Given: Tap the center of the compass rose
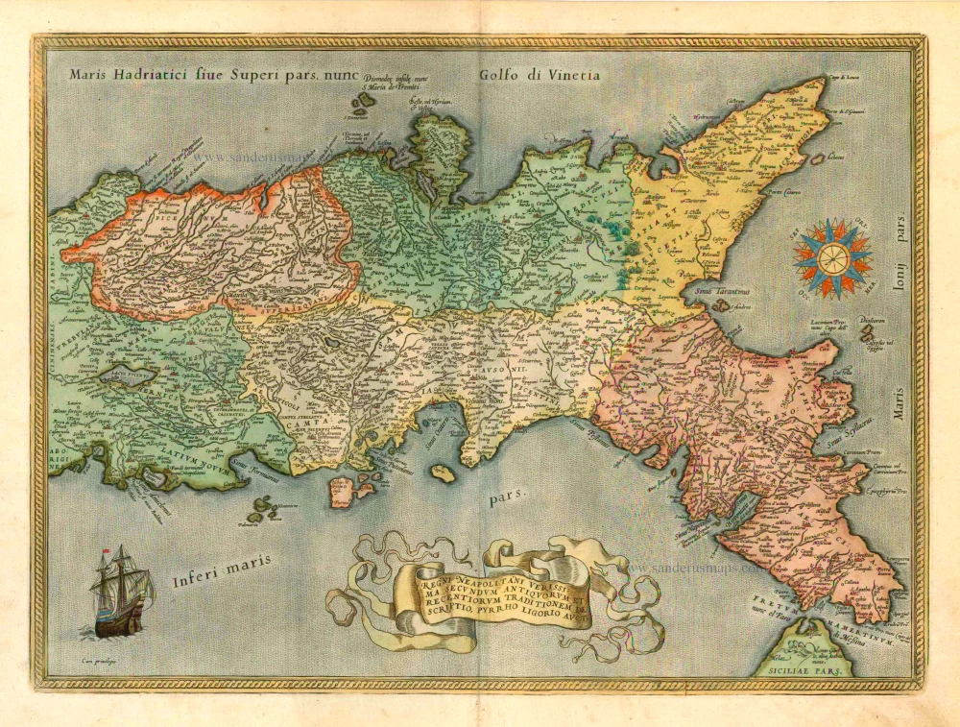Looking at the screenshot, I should point(832,256).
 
